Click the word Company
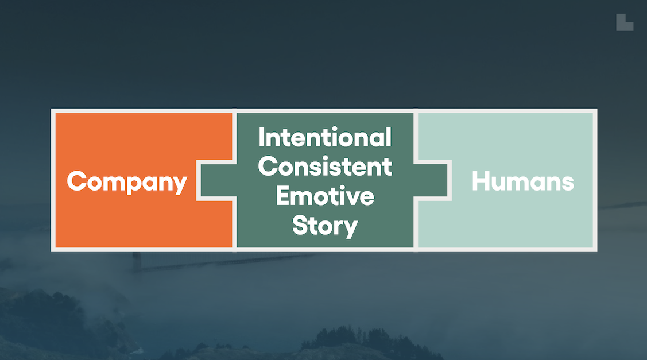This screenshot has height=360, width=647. click(127, 182)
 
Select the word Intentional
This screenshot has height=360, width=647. click(325, 138)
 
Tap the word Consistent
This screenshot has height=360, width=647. click(325, 167)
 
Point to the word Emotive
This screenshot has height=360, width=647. click(325, 196)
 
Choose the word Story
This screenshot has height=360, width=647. click(325, 226)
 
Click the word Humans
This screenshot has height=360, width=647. click(522, 181)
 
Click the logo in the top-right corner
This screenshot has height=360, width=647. click(625, 22)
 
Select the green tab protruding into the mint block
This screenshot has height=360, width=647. click(432, 180)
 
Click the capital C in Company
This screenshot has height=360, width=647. click(76, 181)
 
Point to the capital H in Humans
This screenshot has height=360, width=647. click(481, 181)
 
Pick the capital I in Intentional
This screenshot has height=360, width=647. click(262, 138)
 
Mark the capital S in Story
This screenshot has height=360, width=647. click(300, 225)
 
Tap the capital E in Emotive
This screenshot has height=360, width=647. click(282, 196)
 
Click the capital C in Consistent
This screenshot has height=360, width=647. click(267, 167)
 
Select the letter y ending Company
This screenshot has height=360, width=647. click(180, 185)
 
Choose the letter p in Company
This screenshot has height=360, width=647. click(135, 185)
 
